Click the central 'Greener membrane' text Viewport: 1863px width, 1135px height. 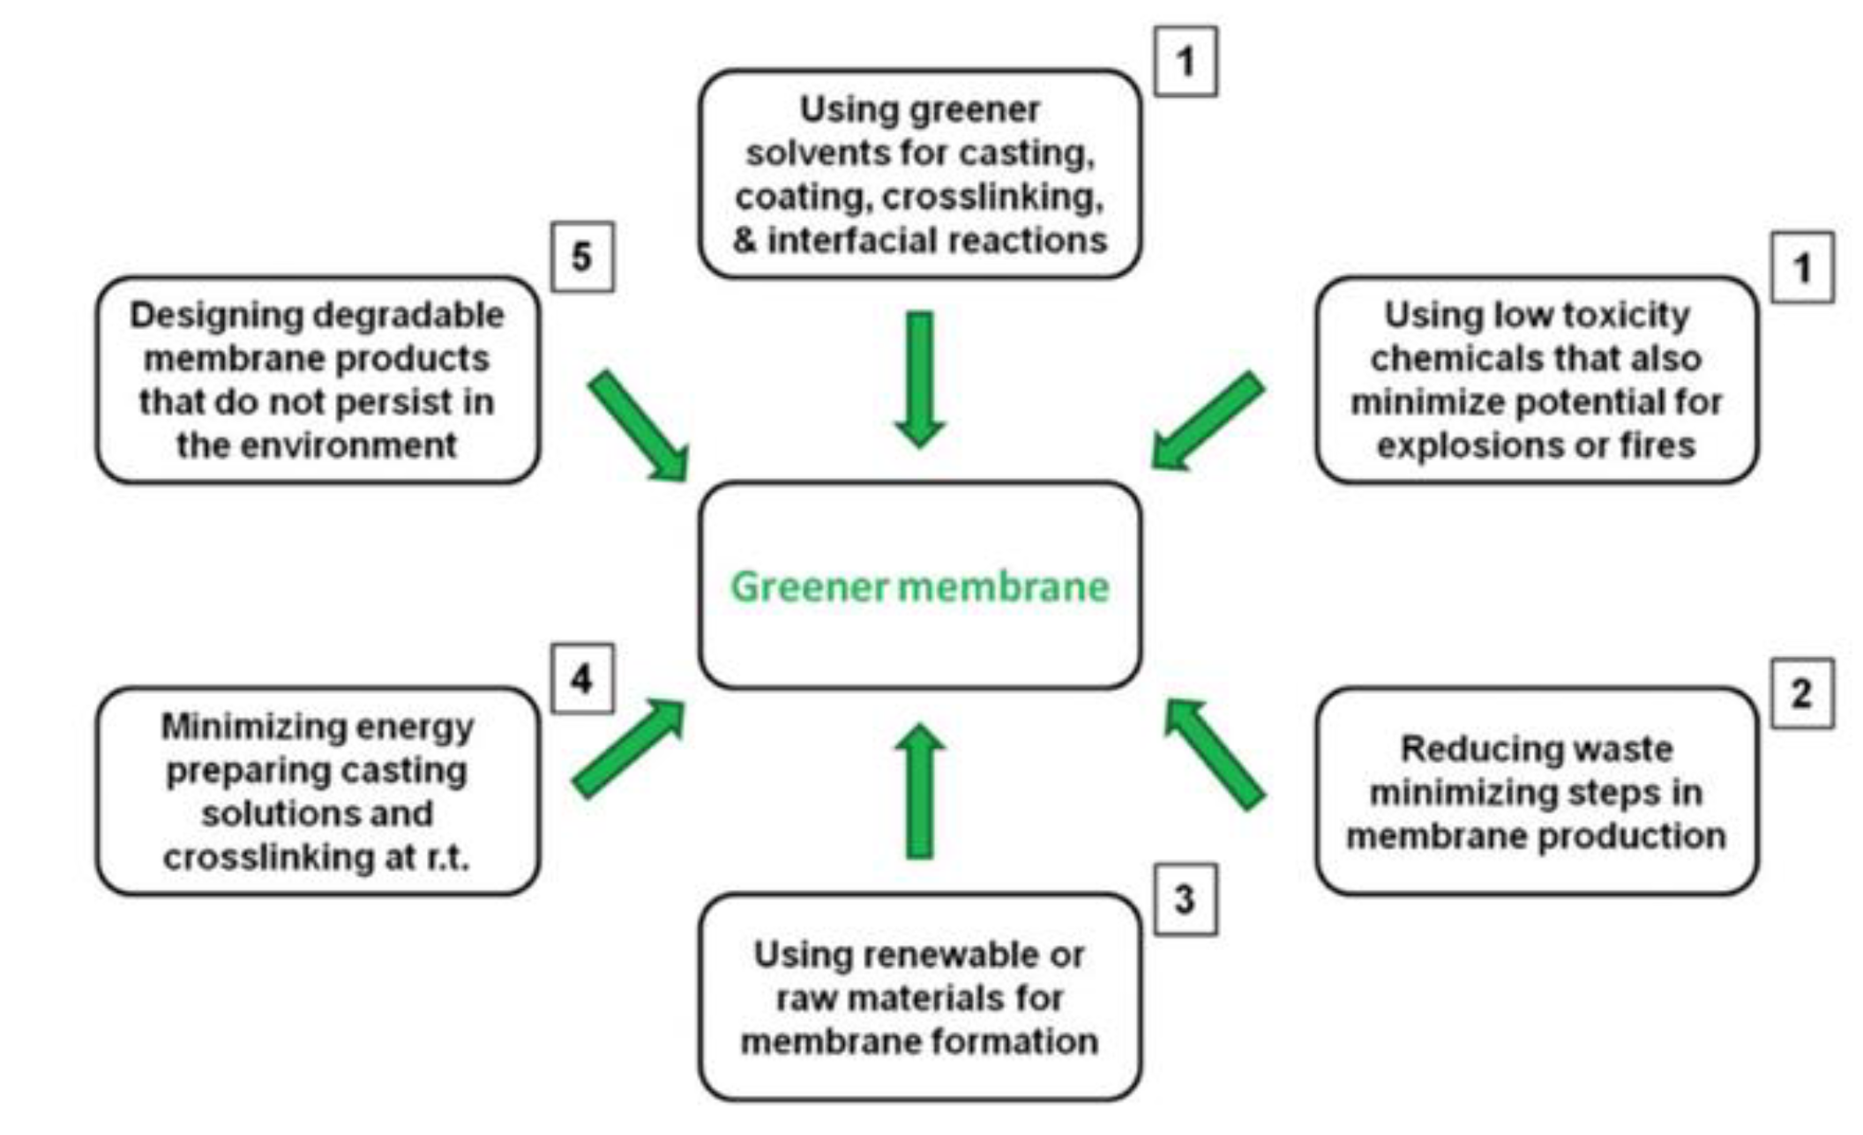(919, 586)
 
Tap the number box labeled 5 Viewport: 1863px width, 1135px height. (582, 257)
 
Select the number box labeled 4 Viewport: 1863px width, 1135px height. (582, 678)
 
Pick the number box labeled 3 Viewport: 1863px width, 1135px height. (1185, 899)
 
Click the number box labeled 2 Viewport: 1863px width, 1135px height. (1802, 693)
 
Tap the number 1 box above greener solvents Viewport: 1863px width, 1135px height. (1186, 61)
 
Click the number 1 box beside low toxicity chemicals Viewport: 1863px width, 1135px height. (1802, 267)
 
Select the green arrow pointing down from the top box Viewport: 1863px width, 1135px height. (919, 379)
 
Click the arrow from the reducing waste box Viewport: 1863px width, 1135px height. (1215, 753)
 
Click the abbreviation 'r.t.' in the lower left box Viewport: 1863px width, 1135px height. (448, 857)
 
